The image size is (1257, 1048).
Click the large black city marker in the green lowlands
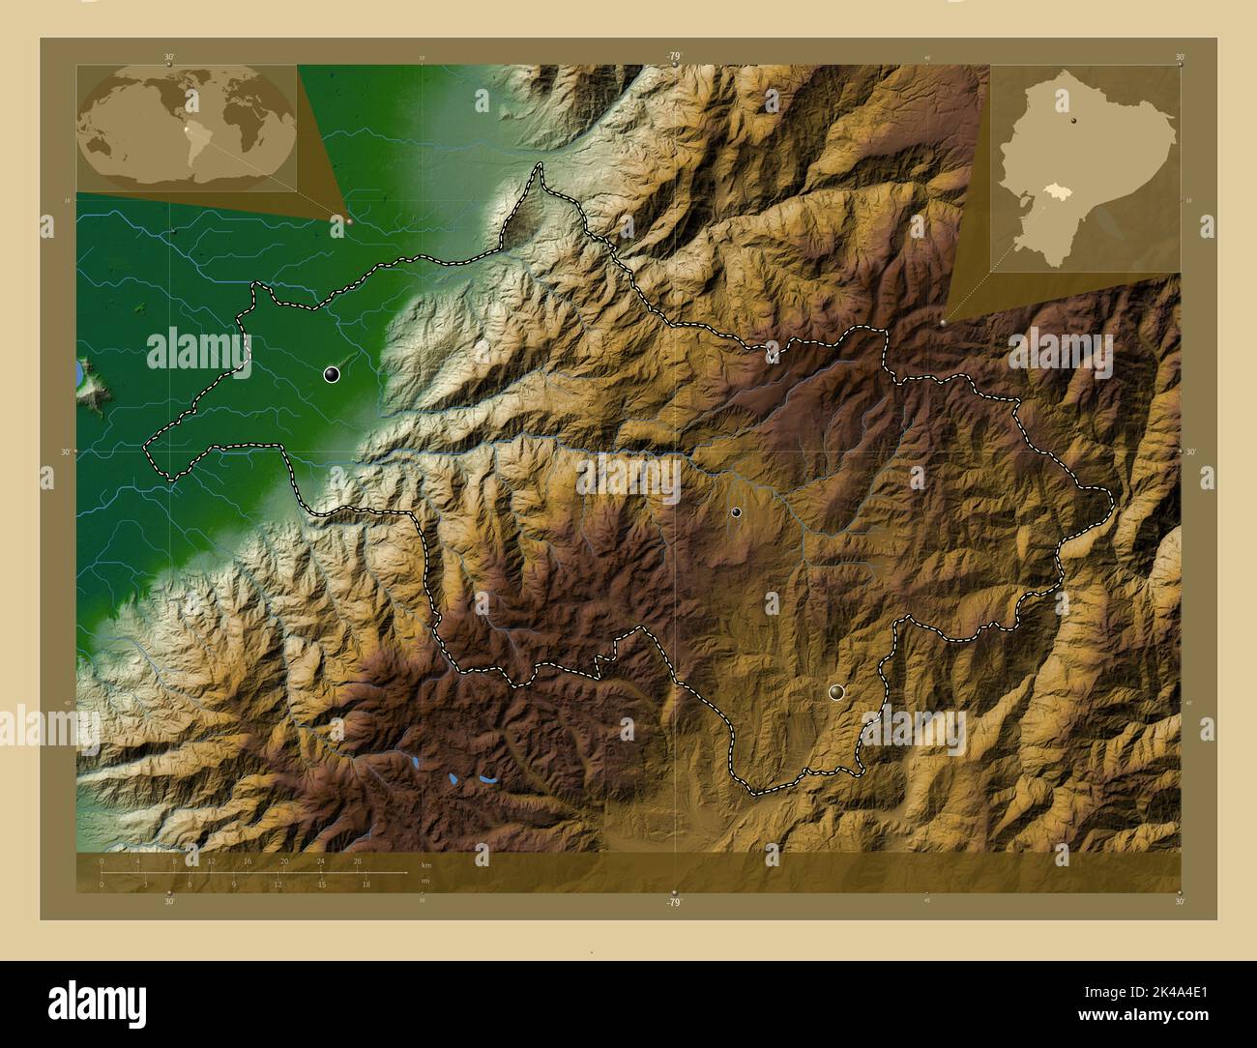coord(332,375)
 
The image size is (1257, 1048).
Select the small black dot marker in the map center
coord(737,512)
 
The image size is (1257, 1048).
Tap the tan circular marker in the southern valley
coord(836,691)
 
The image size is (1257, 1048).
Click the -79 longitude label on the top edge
coord(674,57)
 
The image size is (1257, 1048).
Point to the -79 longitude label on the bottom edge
coord(674,902)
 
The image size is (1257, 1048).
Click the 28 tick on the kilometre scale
coord(357,860)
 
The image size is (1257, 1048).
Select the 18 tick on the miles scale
coord(365,884)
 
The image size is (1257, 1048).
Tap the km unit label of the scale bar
coord(426,864)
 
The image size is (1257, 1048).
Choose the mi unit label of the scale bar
coord(425,881)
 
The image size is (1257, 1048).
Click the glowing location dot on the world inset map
coord(187,127)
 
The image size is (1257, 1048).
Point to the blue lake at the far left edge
coord(79,372)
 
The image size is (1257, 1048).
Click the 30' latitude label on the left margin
coord(66,451)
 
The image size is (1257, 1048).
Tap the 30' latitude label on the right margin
coord(1191,451)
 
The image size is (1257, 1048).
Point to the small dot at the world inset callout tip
coord(349,220)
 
